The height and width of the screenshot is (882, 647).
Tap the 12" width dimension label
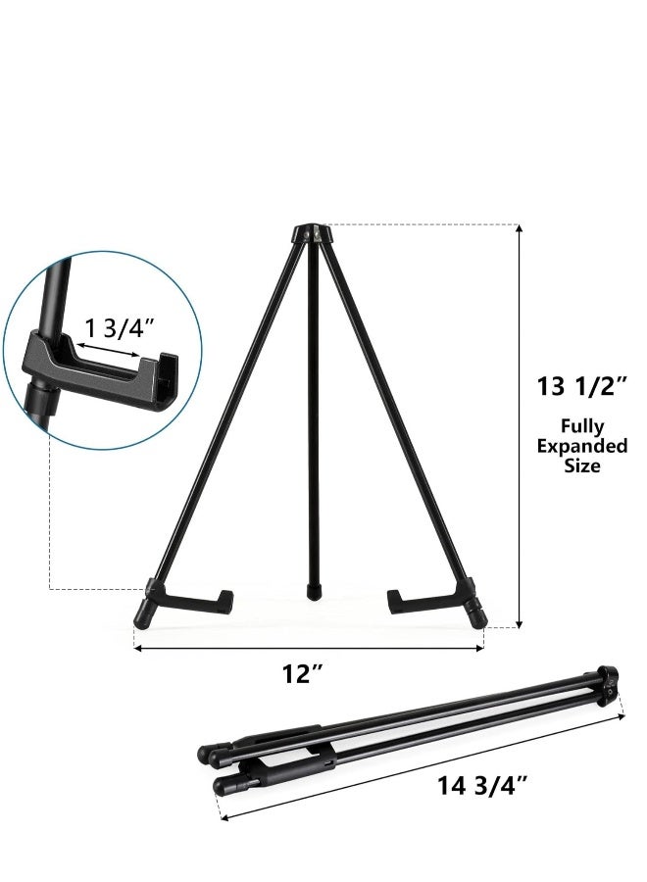point(303,674)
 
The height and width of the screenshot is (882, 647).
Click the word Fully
point(581,425)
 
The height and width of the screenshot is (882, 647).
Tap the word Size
point(581,466)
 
